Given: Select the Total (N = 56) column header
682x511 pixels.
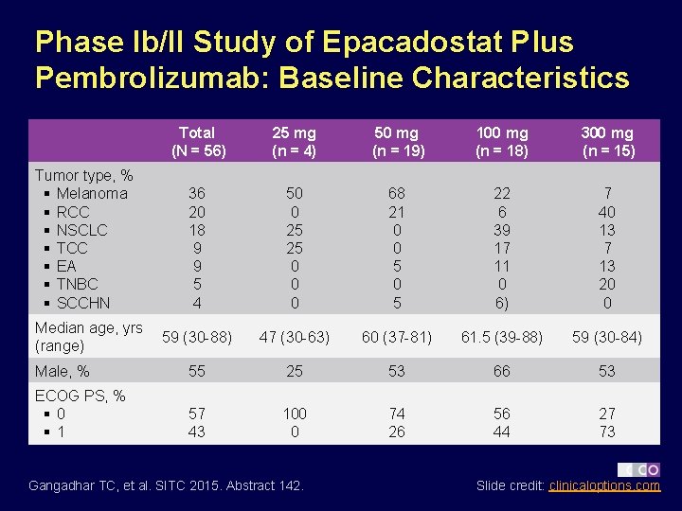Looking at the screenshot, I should [196, 141].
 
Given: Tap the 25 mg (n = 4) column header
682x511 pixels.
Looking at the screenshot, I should [295, 141].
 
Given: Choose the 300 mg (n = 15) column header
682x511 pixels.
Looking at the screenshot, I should [607, 141].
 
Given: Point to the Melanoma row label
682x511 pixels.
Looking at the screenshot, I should [91, 193].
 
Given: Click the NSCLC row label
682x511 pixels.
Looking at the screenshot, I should [81, 230].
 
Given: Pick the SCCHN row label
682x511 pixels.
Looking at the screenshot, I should [83, 303].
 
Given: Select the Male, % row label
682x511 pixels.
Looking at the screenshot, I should [63, 372].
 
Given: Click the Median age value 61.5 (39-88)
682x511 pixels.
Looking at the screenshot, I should [502, 337].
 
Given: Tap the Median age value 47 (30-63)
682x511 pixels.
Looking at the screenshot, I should [295, 337].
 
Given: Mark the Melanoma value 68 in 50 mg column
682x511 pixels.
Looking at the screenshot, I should [397, 193].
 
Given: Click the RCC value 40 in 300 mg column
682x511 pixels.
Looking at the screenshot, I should [607, 212].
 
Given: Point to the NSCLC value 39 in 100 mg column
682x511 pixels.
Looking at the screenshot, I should [502, 230].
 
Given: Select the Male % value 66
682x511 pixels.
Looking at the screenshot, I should [502, 372].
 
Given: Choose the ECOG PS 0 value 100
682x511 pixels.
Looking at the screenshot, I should [295, 414].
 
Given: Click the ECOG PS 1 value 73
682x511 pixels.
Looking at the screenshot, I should [607, 432].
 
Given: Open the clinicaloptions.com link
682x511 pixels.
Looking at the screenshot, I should [604, 485].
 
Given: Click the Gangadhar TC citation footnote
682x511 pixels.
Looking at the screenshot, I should [167, 485].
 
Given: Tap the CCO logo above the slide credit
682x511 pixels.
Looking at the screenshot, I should [639, 468].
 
